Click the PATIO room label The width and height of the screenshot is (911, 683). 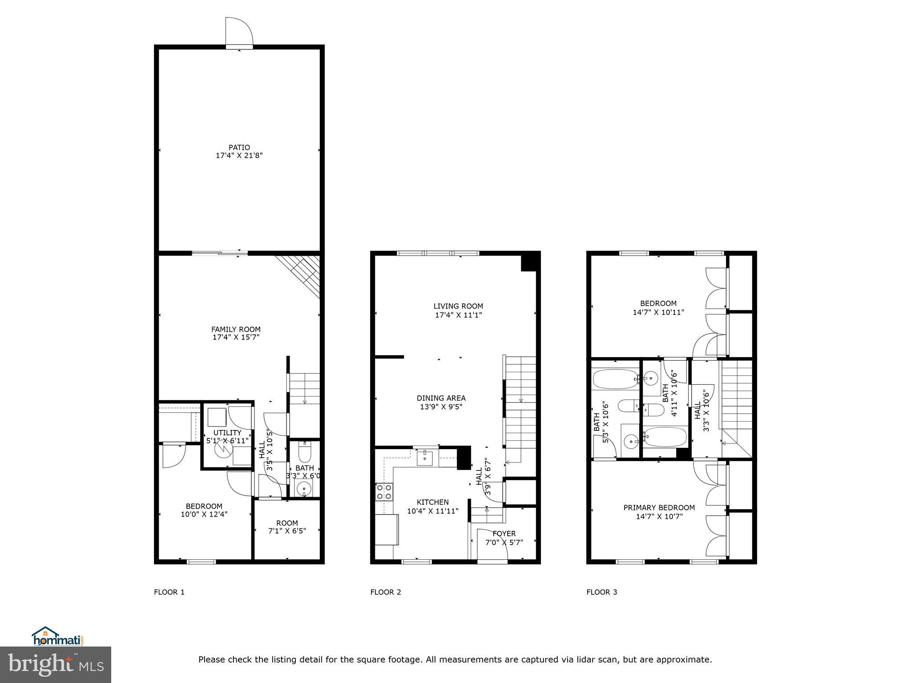pos(239,147)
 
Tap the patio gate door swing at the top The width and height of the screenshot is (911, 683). pos(238,31)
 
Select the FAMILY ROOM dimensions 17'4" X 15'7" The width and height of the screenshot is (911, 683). pos(236,337)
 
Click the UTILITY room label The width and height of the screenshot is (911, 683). pos(227,433)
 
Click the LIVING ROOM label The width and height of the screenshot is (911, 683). pos(458,306)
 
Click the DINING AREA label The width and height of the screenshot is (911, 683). pos(441,398)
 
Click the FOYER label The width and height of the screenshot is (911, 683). pos(504,534)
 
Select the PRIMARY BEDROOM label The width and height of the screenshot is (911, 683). pos(659,507)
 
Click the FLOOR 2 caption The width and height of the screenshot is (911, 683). pos(386,592)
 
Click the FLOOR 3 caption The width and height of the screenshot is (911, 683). pos(601,592)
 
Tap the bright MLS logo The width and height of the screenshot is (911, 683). pos(56,665)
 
